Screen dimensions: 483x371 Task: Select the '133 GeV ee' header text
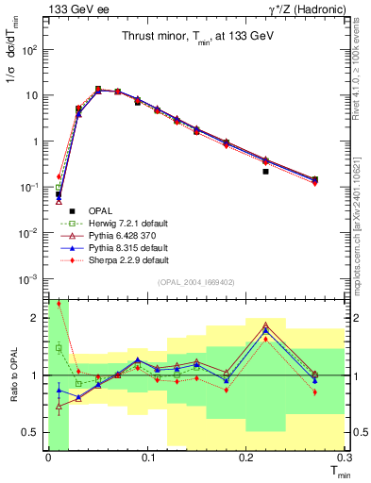[x=70, y=9]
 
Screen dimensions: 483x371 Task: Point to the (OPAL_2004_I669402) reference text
[x=195, y=282]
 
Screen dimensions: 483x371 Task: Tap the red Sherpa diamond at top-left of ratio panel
[x=59, y=304]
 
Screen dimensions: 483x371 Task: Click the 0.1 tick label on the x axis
[x=146, y=457]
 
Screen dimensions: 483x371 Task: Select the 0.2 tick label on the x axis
[x=245, y=457]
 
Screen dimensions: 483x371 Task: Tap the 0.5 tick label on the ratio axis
[x=30, y=433]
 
